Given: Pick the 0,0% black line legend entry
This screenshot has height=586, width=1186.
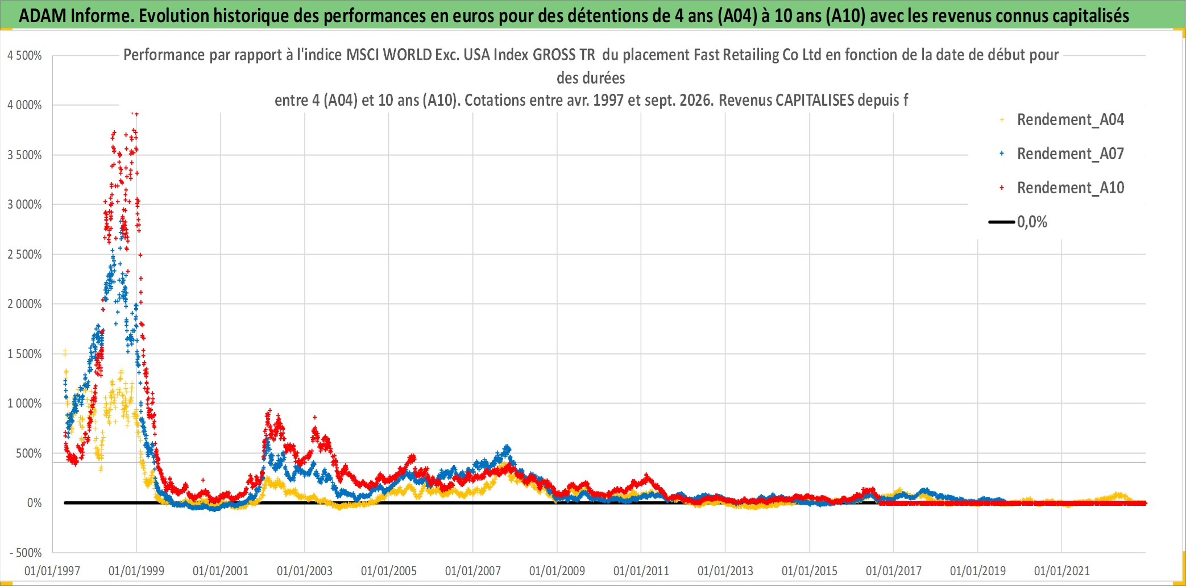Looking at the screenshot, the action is pyautogui.click(x=1018, y=222).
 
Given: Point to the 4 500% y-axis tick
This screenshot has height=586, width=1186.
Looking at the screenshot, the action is pyautogui.click(x=24, y=56).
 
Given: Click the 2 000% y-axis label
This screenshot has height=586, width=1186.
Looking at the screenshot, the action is pyautogui.click(x=24, y=304).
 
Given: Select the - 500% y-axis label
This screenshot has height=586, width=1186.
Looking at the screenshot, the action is pyautogui.click(x=26, y=552).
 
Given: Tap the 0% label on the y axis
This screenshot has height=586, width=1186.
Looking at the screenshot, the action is pyautogui.click(x=34, y=503).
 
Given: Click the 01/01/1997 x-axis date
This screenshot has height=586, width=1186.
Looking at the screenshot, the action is pyautogui.click(x=52, y=571).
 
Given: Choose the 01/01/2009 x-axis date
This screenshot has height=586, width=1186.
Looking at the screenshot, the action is pyautogui.click(x=557, y=571).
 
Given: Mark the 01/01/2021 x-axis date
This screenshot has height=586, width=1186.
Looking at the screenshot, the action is pyautogui.click(x=1062, y=571).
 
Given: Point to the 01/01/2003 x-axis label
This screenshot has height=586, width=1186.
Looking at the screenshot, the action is pyautogui.click(x=305, y=571).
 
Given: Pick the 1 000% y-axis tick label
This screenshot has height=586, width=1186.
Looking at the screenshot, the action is pyautogui.click(x=24, y=404).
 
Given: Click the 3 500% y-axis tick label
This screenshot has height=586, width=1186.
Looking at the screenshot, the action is pyautogui.click(x=24, y=155).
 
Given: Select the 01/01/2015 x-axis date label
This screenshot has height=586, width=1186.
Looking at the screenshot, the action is pyautogui.click(x=810, y=571).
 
